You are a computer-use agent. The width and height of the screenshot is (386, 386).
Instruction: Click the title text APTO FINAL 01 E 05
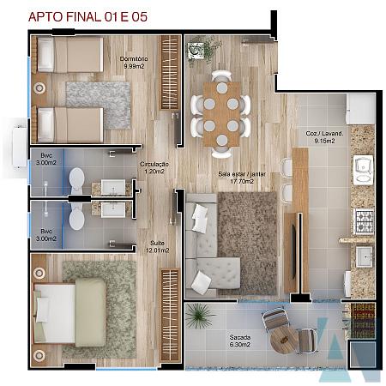[87, 17]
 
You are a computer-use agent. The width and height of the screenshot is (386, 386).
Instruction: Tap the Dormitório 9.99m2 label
[134, 63]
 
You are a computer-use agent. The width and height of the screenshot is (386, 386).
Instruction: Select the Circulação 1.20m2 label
[154, 168]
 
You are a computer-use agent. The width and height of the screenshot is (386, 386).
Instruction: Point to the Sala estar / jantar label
[242, 178]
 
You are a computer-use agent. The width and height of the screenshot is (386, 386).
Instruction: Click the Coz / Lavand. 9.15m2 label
[324, 137]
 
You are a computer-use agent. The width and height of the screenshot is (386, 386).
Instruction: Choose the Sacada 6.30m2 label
[240, 341]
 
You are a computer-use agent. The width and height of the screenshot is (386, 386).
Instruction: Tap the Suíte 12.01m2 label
[157, 247]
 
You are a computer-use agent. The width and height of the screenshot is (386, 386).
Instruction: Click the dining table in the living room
[222, 114]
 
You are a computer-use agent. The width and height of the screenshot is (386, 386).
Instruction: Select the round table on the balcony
[284, 340]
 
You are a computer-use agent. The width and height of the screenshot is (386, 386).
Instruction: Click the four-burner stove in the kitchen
[365, 220]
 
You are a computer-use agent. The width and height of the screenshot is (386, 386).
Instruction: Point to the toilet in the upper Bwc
[76, 180]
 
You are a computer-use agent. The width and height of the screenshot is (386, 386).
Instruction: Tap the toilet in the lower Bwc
[76, 217]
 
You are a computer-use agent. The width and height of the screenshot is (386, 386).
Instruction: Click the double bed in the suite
[69, 313]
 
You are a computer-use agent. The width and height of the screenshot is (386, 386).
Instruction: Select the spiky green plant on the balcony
[199, 315]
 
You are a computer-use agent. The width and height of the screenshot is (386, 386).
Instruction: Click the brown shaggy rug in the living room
[248, 244]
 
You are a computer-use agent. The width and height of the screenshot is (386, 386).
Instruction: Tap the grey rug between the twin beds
[98, 105]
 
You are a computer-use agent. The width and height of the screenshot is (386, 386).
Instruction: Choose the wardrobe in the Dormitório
[170, 72]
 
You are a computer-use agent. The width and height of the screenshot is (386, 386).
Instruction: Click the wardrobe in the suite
[170, 315]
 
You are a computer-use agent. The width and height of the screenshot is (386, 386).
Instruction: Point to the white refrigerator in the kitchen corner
[360, 109]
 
